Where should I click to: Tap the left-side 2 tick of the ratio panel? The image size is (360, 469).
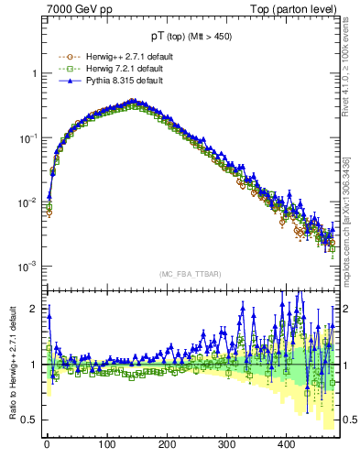(36, 309)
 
